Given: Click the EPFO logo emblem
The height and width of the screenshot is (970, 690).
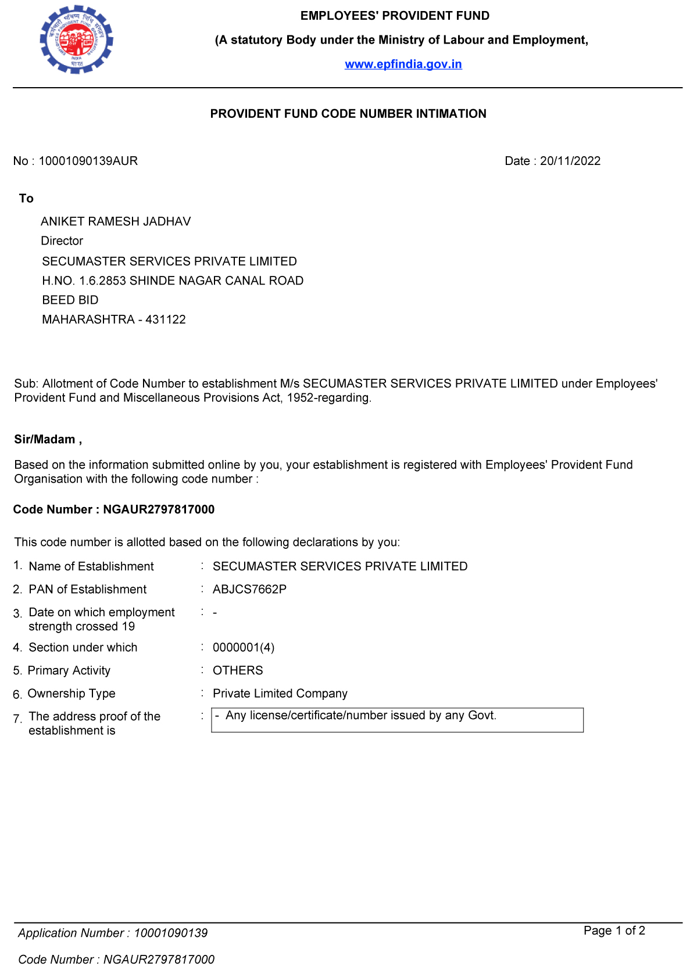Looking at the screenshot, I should (x=76, y=40).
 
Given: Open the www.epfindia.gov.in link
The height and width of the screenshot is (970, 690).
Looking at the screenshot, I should (x=403, y=64).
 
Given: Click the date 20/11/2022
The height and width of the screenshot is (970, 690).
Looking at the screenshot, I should (x=570, y=161).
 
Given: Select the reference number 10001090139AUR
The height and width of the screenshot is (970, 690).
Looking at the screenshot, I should (x=88, y=161).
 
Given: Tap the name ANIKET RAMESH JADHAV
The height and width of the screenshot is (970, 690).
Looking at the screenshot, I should (x=116, y=221).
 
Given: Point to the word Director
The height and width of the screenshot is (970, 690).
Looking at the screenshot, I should (x=62, y=241).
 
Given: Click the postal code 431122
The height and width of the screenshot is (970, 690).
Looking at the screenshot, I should (x=166, y=319).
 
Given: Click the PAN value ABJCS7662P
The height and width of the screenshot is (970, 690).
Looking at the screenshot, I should (x=249, y=590).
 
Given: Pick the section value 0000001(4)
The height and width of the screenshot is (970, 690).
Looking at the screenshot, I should (x=244, y=648).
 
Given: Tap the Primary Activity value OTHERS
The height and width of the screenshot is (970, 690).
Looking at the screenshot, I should (x=238, y=671).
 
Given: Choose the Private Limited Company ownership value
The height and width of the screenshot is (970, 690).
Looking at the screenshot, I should (x=280, y=694).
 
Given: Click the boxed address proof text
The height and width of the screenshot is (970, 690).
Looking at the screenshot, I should (x=360, y=716).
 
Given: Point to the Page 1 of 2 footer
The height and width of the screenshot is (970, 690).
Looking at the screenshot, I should (x=614, y=931).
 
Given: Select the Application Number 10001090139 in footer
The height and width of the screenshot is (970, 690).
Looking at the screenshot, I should (x=170, y=933).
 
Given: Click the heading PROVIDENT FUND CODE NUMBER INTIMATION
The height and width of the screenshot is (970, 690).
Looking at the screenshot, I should (x=348, y=114).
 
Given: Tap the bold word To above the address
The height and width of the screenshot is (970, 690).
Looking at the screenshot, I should (x=26, y=199).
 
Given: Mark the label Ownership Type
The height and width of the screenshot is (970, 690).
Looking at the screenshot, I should (x=71, y=694).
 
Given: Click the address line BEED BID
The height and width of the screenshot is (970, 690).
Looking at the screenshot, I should (x=70, y=300).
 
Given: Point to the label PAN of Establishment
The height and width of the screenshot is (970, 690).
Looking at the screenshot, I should (x=87, y=590).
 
